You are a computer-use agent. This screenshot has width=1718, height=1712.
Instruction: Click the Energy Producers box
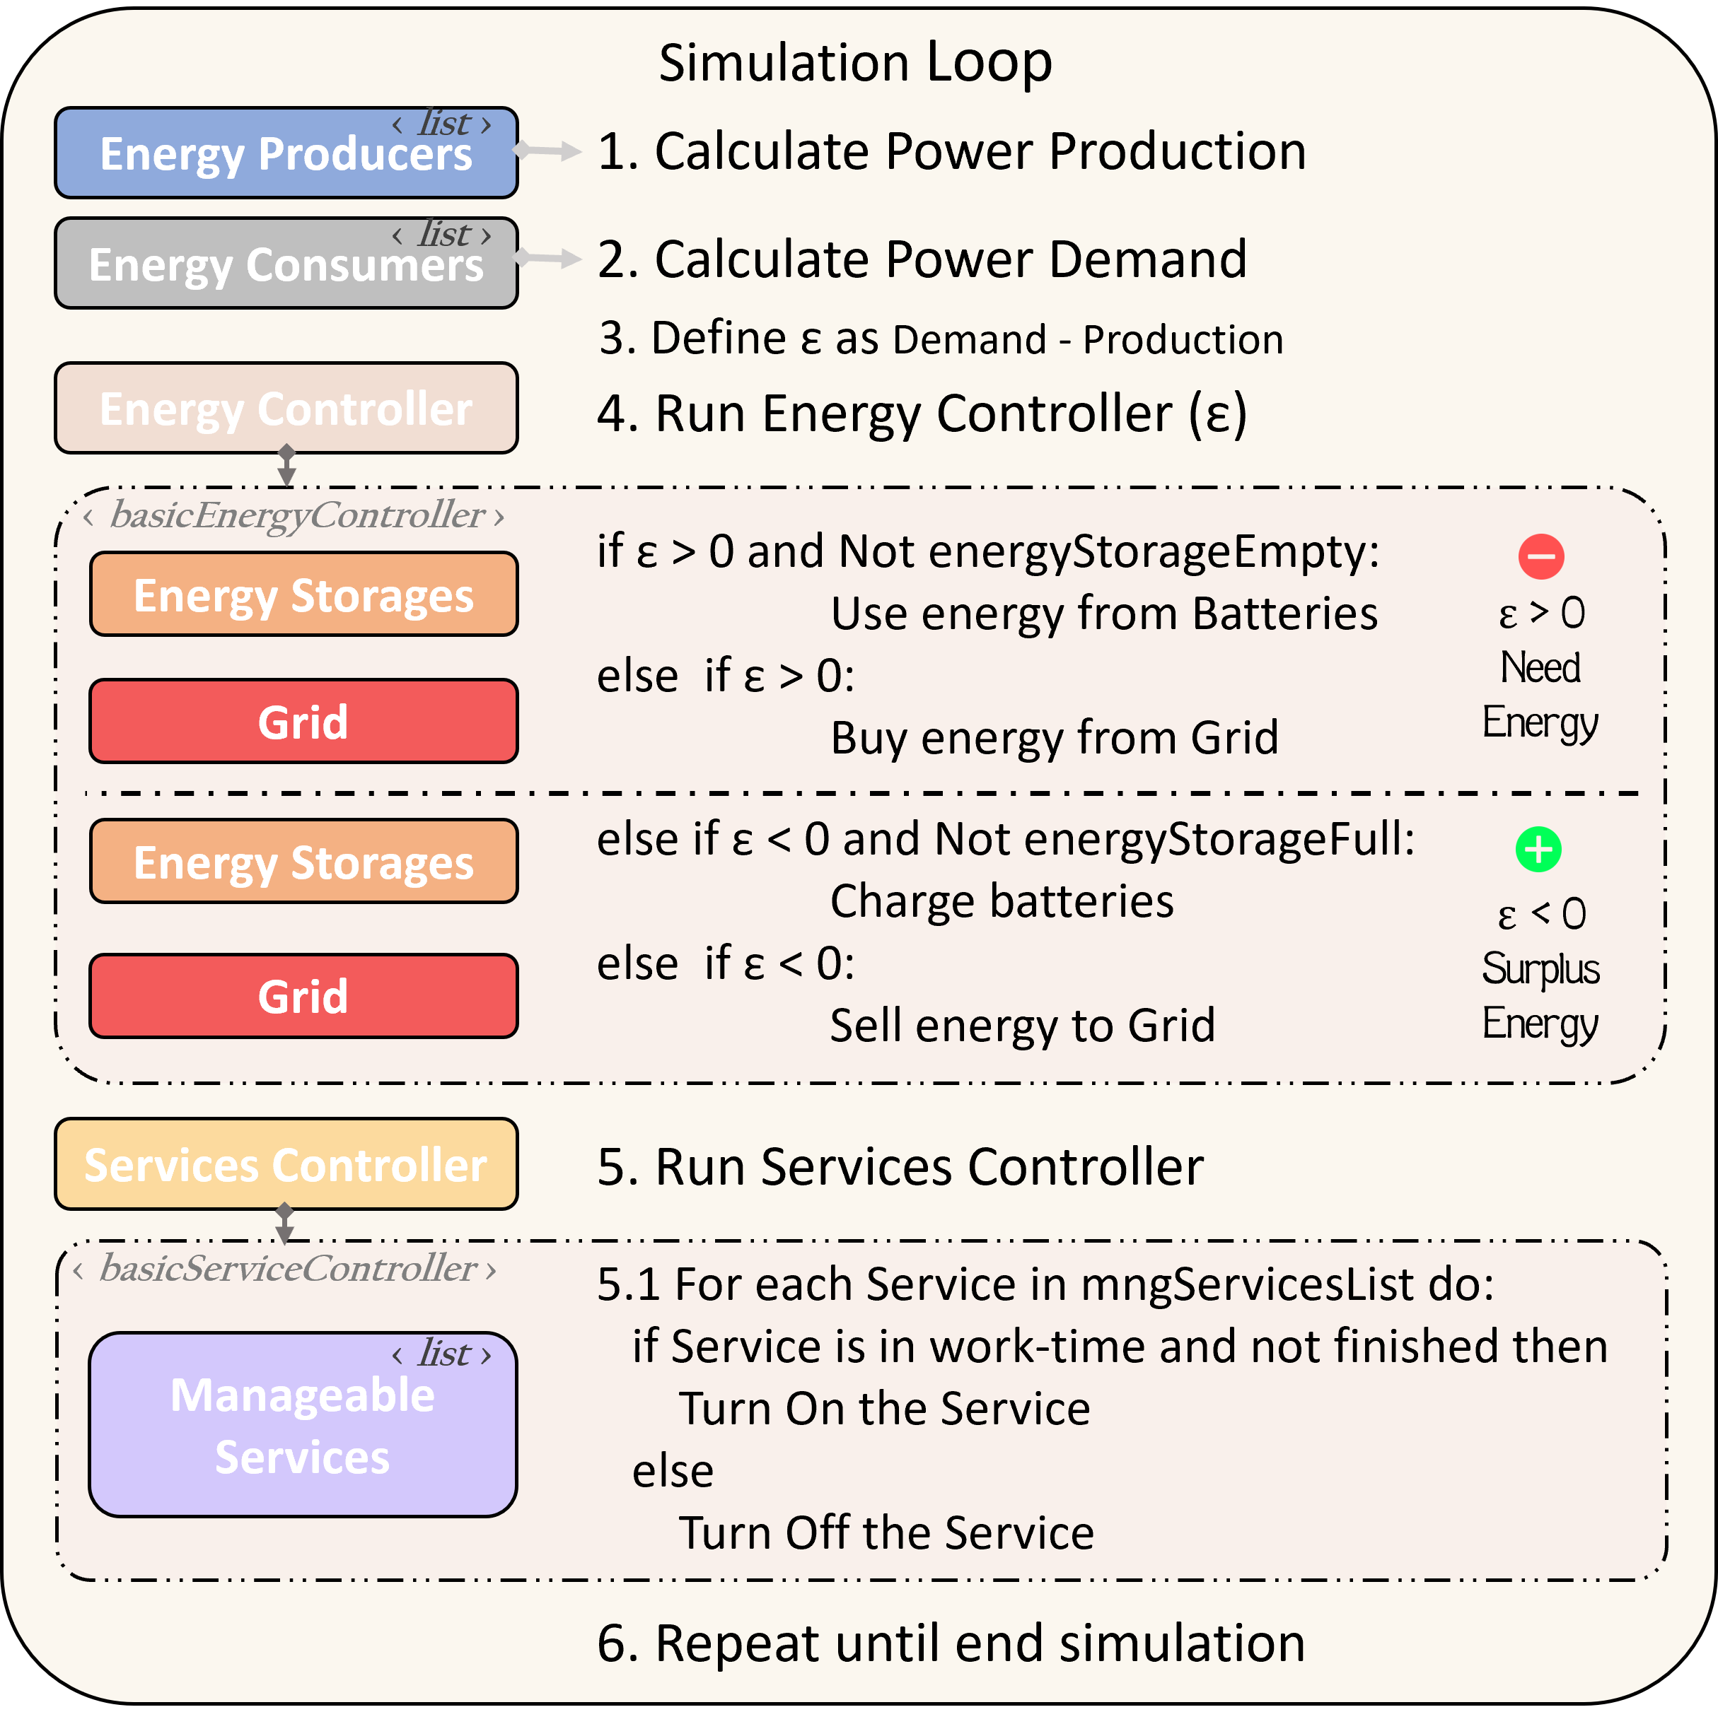click(x=286, y=153)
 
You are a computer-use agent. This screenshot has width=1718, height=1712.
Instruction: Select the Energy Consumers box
click(x=286, y=263)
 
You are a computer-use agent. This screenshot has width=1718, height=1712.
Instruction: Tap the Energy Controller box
click(x=286, y=408)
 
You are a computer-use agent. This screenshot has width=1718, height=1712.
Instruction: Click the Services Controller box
click(x=286, y=1163)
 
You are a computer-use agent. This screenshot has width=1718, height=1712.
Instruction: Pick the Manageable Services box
click(x=302, y=1424)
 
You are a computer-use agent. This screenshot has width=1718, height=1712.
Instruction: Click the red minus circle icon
click(x=1540, y=556)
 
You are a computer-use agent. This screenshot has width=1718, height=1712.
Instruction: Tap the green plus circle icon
click(x=1538, y=849)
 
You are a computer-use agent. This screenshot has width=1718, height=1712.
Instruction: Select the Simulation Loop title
click(x=854, y=63)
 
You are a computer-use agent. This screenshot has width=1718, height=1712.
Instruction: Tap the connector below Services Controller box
click(x=284, y=1224)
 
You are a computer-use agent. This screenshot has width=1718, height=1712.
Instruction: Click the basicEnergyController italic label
click(x=296, y=515)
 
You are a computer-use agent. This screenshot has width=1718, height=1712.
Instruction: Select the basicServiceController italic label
click(x=286, y=1268)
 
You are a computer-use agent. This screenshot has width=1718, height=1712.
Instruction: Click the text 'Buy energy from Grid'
click(x=1054, y=738)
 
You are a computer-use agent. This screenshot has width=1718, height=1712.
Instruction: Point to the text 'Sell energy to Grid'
click(x=1022, y=1025)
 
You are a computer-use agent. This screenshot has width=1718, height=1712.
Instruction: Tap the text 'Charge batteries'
click(x=1002, y=901)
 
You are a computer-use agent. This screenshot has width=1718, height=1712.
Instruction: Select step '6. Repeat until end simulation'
click(x=951, y=1643)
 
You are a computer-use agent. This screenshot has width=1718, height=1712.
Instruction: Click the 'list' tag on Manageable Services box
click(x=443, y=1354)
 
